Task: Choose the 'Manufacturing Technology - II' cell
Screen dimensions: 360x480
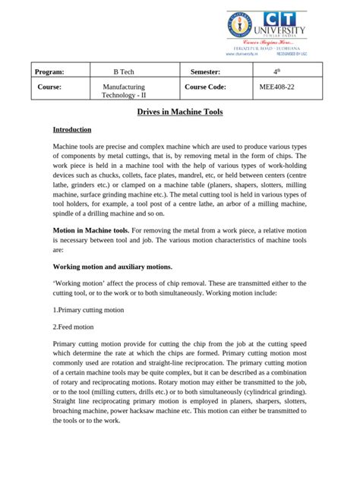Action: tap(128, 93)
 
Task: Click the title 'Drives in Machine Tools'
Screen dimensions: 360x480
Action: tap(179, 112)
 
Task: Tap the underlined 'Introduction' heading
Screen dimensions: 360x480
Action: tap(72, 130)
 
